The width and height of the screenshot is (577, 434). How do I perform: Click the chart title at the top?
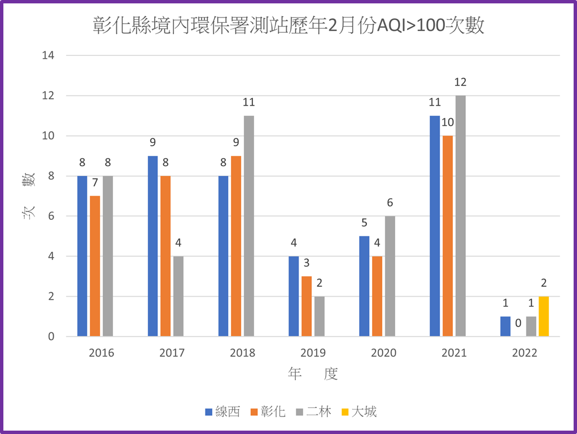click(288, 26)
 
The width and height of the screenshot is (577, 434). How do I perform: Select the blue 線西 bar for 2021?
click(435, 226)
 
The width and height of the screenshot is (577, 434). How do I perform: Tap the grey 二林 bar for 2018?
click(248, 226)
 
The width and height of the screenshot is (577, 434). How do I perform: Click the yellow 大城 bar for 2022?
click(543, 316)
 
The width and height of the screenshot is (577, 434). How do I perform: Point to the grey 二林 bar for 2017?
click(178, 297)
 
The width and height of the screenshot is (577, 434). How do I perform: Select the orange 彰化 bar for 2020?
click(377, 297)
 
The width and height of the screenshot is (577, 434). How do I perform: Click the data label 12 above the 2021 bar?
click(460, 83)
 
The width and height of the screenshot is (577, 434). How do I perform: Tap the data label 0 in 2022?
click(518, 323)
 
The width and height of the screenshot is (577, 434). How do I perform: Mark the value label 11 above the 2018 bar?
click(248, 102)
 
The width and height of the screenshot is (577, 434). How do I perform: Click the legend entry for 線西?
click(222, 411)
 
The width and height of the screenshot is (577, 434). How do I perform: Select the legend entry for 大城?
click(359, 411)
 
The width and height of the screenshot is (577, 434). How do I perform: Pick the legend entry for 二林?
click(313, 411)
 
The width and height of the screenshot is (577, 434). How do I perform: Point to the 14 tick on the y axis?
click(51, 55)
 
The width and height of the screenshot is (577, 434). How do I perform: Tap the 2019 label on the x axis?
click(313, 353)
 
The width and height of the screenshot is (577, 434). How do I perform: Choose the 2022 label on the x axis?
click(524, 353)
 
